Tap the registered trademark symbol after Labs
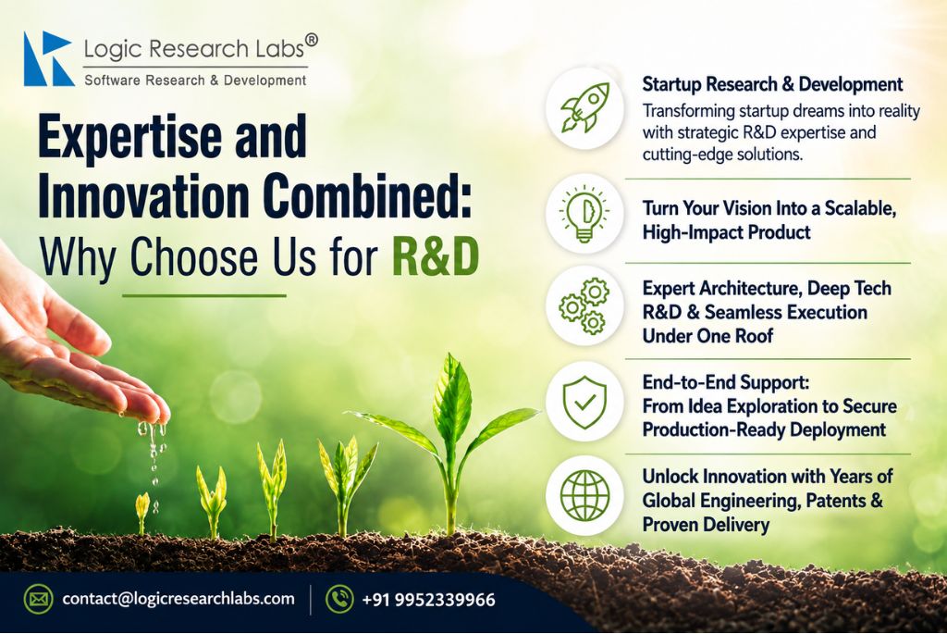pyautogui.click(x=311, y=40)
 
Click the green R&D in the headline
pyautogui.click(x=436, y=257)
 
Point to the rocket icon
pyautogui.click(x=584, y=107)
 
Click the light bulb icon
pyautogui.click(x=584, y=214)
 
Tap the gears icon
pyautogui.click(x=584, y=305)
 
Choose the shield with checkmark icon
pyautogui.click(x=584, y=402)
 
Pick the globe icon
pyautogui.click(x=584, y=495)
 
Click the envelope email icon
pyautogui.click(x=38, y=600)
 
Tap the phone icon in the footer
pyautogui.click(x=339, y=600)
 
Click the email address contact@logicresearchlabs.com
pyautogui.click(x=178, y=599)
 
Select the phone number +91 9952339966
pyautogui.click(x=428, y=600)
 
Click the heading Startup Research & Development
pyautogui.click(x=772, y=84)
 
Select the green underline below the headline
pyautogui.click(x=204, y=295)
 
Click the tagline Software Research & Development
pyautogui.click(x=195, y=81)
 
